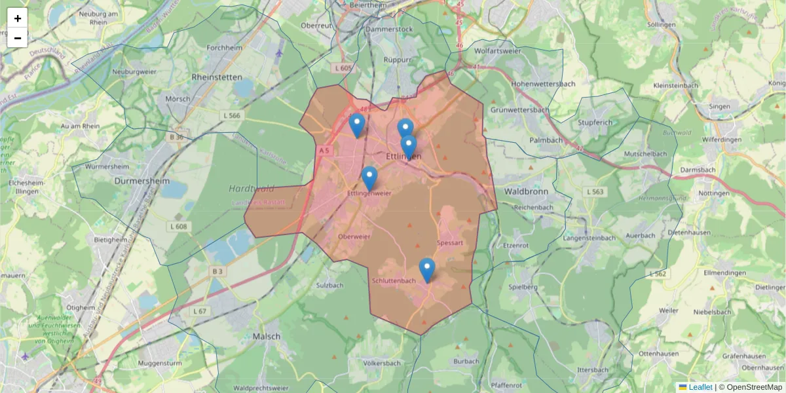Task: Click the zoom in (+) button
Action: point(18,18)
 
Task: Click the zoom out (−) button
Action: point(18,38)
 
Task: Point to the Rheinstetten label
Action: point(218,77)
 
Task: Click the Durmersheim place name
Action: point(142,181)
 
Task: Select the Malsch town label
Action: point(267,336)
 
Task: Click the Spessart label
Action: point(449,242)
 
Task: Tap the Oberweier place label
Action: point(355,236)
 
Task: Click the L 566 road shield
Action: point(232,115)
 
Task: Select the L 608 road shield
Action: point(181,227)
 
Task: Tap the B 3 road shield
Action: point(217,271)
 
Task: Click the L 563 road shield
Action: point(595,192)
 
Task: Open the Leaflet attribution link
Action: point(700,387)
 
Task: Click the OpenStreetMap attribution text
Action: point(751,387)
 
